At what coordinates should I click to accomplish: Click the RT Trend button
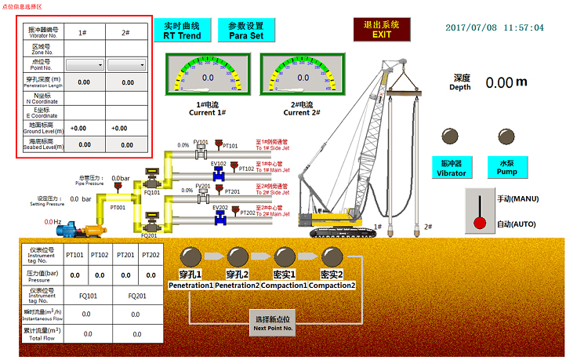pyautogui.click(x=182, y=31)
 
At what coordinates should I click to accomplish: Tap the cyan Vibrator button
pyautogui.click(x=451, y=167)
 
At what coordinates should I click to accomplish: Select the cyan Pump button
pyautogui.click(x=507, y=167)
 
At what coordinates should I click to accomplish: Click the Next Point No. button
pyautogui.click(x=273, y=324)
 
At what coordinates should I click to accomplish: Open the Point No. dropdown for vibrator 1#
pyautogui.click(x=84, y=64)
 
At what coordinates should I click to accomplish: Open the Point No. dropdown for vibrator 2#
pyautogui.click(x=125, y=64)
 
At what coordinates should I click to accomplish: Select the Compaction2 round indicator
pyautogui.click(x=332, y=256)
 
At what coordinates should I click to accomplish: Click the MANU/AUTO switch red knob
pyautogui.click(x=480, y=223)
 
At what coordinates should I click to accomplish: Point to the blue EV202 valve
pyautogui.click(x=220, y=216)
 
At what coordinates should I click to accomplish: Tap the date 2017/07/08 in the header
pyautogui.click(x=471, y=27)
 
